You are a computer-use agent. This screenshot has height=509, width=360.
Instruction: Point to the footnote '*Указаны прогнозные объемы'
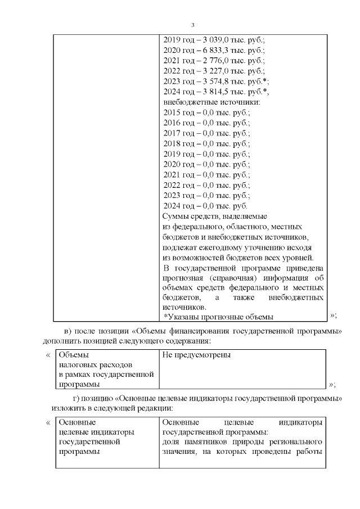click(218, 317)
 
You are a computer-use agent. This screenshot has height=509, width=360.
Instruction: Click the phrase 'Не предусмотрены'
click(196, 355)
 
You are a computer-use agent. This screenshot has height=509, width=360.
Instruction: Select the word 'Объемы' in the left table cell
click(74, 355)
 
